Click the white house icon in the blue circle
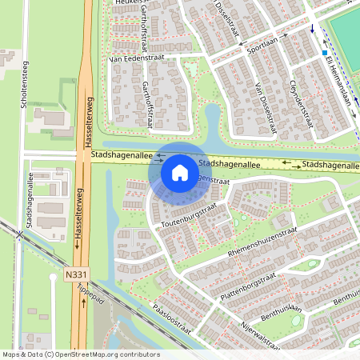(x=179, y=172)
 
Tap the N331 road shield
(x=77, y=274)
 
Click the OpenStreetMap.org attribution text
(x=106, y=354)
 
